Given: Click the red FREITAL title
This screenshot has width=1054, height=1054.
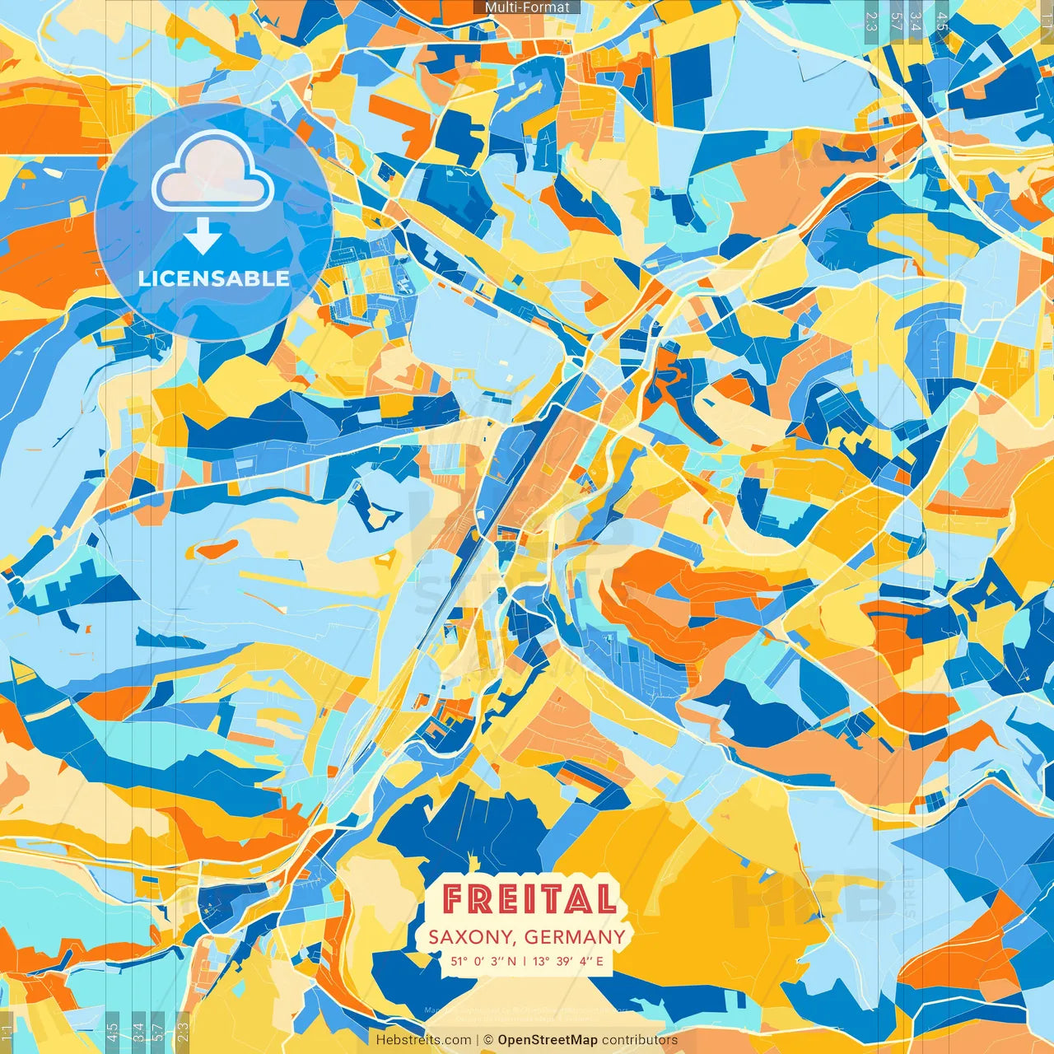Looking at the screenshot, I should coord(529,898).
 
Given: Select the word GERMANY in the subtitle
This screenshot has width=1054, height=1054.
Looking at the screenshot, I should coord(575,937).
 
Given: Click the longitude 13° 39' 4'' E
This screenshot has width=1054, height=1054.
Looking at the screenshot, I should coord(568,961).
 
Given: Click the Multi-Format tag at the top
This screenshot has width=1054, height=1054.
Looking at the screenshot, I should coord(527,7).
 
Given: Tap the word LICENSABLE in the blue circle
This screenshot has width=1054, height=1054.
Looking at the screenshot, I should coord(214,278).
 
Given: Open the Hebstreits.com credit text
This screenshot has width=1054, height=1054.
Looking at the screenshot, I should coord(424,1040).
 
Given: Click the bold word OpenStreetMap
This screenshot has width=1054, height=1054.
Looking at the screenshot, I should coord(548,1040).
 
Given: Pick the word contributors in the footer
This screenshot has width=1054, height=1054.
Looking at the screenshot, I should coord(640,1040).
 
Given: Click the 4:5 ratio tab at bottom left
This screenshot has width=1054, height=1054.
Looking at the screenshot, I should coord(112,1032).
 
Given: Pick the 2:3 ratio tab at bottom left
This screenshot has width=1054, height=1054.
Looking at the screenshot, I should coord(183,1032).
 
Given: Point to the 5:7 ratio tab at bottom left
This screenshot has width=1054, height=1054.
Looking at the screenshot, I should coord(158,1032).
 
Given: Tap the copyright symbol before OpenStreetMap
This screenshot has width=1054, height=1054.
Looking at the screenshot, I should coord(488,1040).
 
